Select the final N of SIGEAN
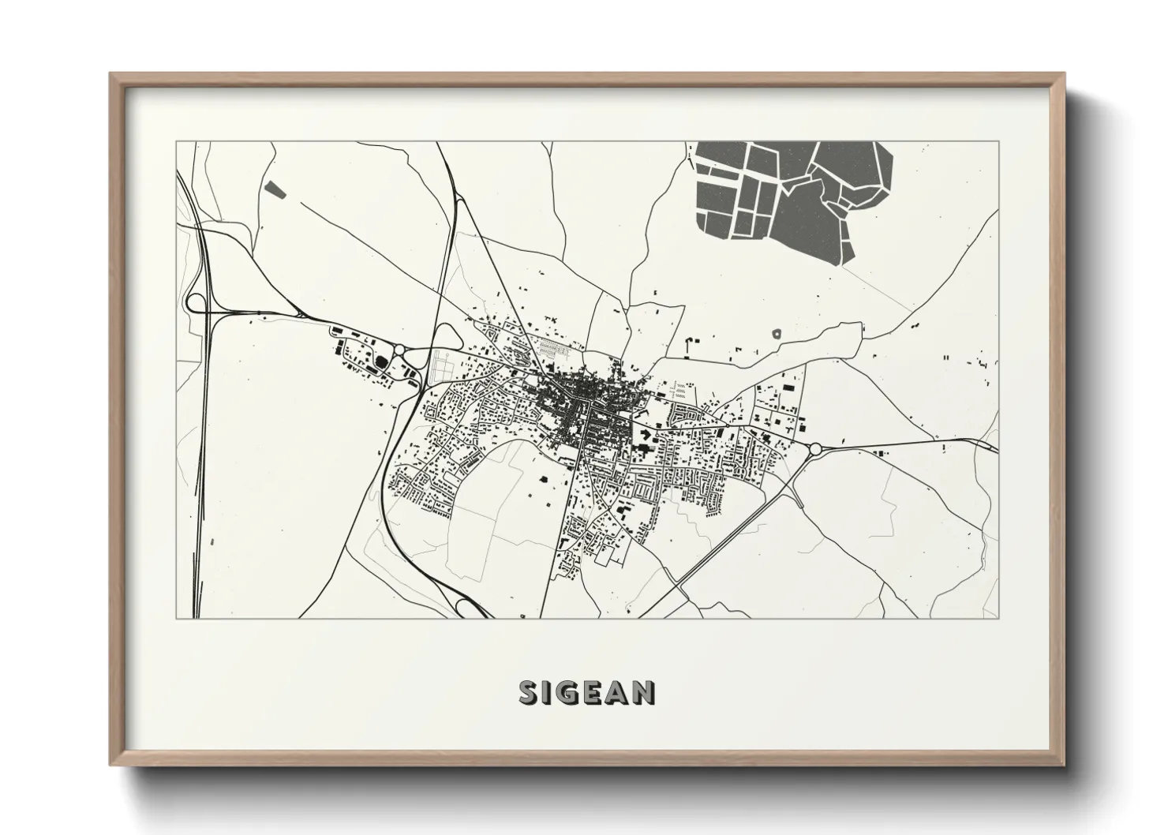643,692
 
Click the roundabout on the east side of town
815,450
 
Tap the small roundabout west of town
399,350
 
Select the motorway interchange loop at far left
194,301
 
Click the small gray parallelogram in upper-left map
274,189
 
